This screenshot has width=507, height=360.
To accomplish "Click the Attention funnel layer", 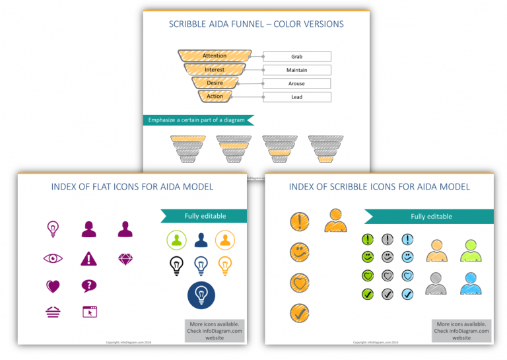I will point(215,56).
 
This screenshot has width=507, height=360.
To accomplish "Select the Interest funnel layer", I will point(215,69).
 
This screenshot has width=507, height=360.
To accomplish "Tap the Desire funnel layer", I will point(215,83).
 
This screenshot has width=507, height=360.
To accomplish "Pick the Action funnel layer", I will point(215,96).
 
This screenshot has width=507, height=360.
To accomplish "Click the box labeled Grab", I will point(296,57).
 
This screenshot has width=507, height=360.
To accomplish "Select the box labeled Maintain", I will point(296,70).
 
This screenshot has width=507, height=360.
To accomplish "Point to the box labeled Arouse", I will point(296,84).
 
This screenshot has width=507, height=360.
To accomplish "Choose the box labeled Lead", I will point(296,97).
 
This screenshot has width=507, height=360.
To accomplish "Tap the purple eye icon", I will point(53,258).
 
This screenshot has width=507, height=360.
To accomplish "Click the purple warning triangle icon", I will point(88,258).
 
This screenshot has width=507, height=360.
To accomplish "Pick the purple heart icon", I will point(53,286).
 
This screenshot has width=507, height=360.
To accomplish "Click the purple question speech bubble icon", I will point(88,286).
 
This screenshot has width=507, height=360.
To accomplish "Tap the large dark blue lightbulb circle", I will point(201,295).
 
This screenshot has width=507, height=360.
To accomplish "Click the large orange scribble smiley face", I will point(300,252).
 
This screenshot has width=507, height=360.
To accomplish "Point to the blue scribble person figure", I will point(471,283).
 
